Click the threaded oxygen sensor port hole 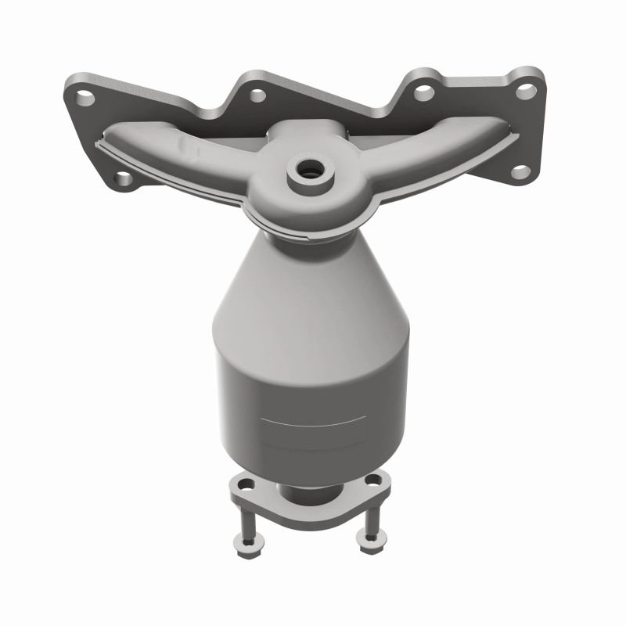point(311,170)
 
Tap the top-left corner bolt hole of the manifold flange point(85,99)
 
